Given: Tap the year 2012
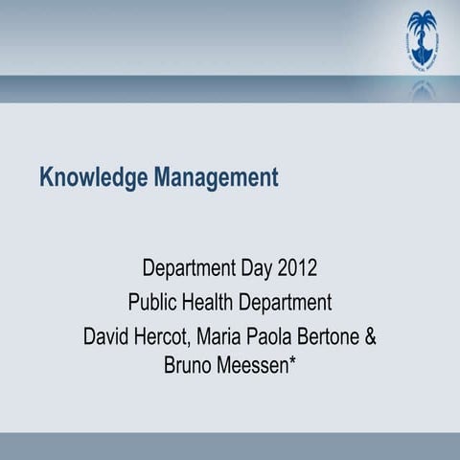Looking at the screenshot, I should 296,266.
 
